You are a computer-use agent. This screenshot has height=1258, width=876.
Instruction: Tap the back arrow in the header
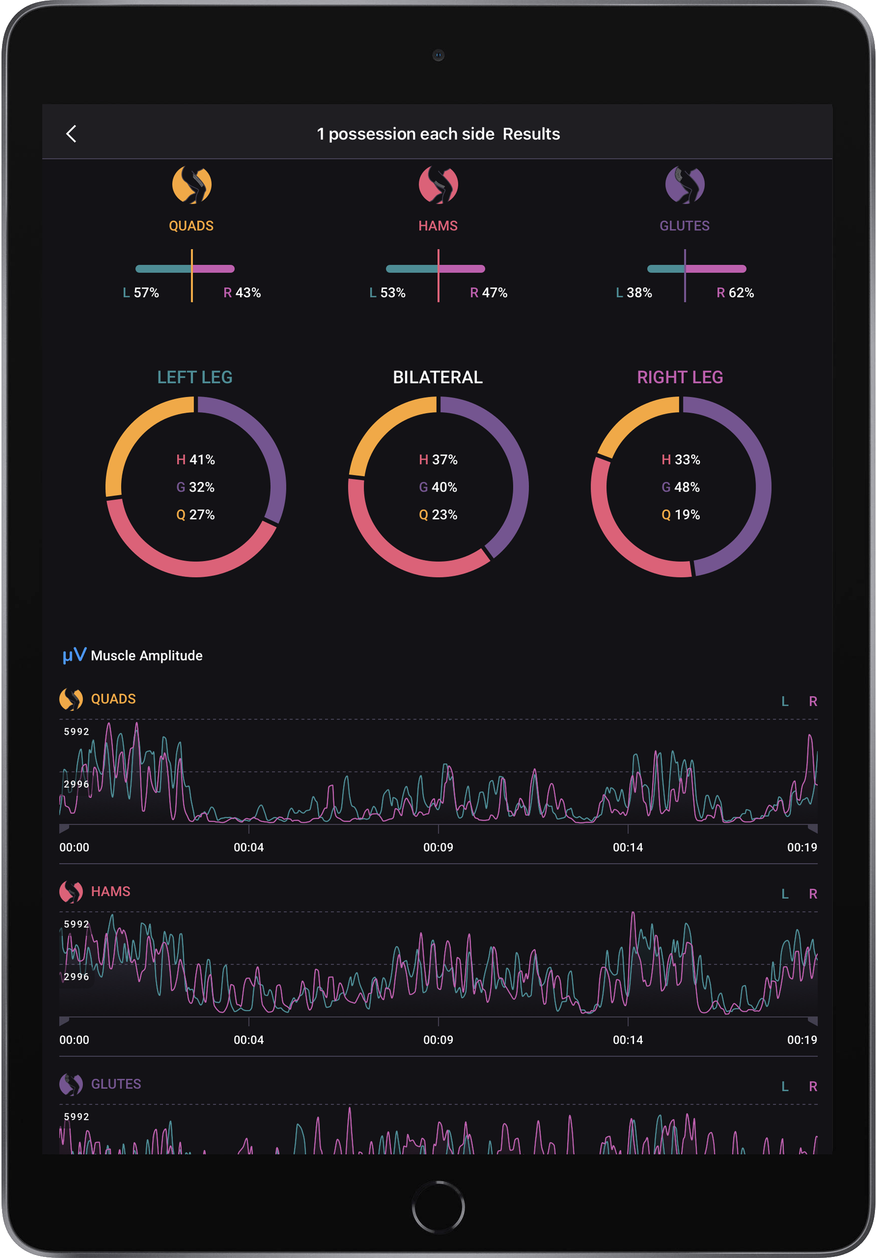pos(71,134)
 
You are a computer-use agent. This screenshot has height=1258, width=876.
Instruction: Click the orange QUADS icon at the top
pos(192,185)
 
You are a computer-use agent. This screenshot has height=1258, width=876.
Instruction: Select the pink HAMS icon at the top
pos(438,185)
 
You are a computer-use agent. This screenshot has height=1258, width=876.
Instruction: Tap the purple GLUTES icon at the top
pos(685,185)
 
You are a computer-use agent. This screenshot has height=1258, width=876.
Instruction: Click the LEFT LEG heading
pos(195,377)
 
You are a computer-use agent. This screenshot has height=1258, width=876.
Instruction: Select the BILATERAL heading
pos(438,377)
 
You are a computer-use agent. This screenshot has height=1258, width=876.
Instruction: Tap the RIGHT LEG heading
pos(680,377)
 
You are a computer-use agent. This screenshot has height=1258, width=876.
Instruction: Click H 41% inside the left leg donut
pos(196,460)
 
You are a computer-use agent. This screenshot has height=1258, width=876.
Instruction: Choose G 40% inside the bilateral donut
pos(438,487)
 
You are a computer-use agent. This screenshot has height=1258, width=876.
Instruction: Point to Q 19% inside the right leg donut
pos(680,514)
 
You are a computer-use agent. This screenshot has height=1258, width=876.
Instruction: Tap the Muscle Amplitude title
pos(146,655)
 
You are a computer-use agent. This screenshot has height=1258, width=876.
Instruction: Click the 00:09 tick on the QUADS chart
pos(438,847)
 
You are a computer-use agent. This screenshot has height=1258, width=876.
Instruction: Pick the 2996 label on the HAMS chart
pos(76,976)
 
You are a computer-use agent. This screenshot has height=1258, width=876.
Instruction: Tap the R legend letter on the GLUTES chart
pos(813,1086)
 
